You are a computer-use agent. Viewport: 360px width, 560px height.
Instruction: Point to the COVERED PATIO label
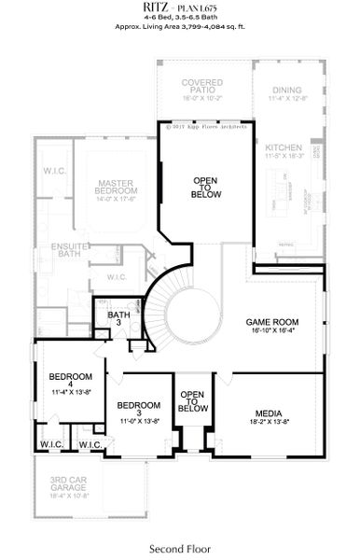(201, 87)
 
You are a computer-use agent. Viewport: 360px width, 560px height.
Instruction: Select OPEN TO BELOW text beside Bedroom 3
(192, 401)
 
